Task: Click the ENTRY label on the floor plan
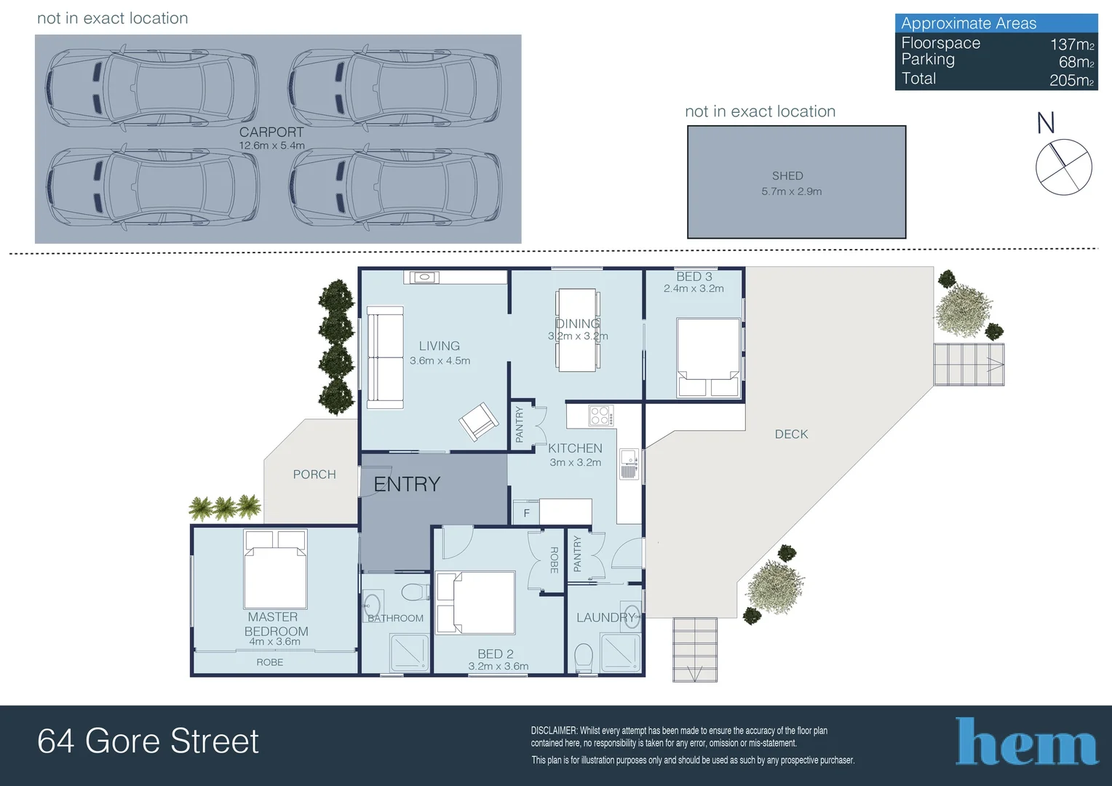(407, 485)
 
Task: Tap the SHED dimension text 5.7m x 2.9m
(791, 191)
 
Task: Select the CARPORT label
(271, 132)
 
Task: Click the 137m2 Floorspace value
(1071, 44)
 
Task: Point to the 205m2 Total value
(1071, 80)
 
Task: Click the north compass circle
(1063, 167)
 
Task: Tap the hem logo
(1026, 742)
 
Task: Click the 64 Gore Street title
(148, 742)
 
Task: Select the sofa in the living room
(385, 357)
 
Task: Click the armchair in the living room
(478, 422)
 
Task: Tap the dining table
(577, 330)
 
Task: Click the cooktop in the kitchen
(600, 416)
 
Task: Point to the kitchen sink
(629, 464)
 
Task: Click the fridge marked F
(526, 513)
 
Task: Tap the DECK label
(791, 434)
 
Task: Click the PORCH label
(314, 475)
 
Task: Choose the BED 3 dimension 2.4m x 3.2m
(694, 289)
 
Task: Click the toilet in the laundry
(584, 657)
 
